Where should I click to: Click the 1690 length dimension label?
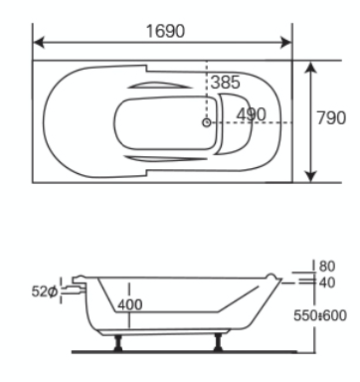(165, 31)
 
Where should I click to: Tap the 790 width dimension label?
(331, 118)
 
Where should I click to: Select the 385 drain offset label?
(225, 82)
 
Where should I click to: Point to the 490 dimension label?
(252, 114)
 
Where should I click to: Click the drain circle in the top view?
(207, 122)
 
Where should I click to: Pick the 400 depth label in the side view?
(130, 304)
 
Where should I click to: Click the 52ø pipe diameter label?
(45, 291)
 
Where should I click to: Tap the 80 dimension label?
(327, 266)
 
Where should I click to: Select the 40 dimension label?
(327, 283)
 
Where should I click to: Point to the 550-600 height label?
(320, 315)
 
